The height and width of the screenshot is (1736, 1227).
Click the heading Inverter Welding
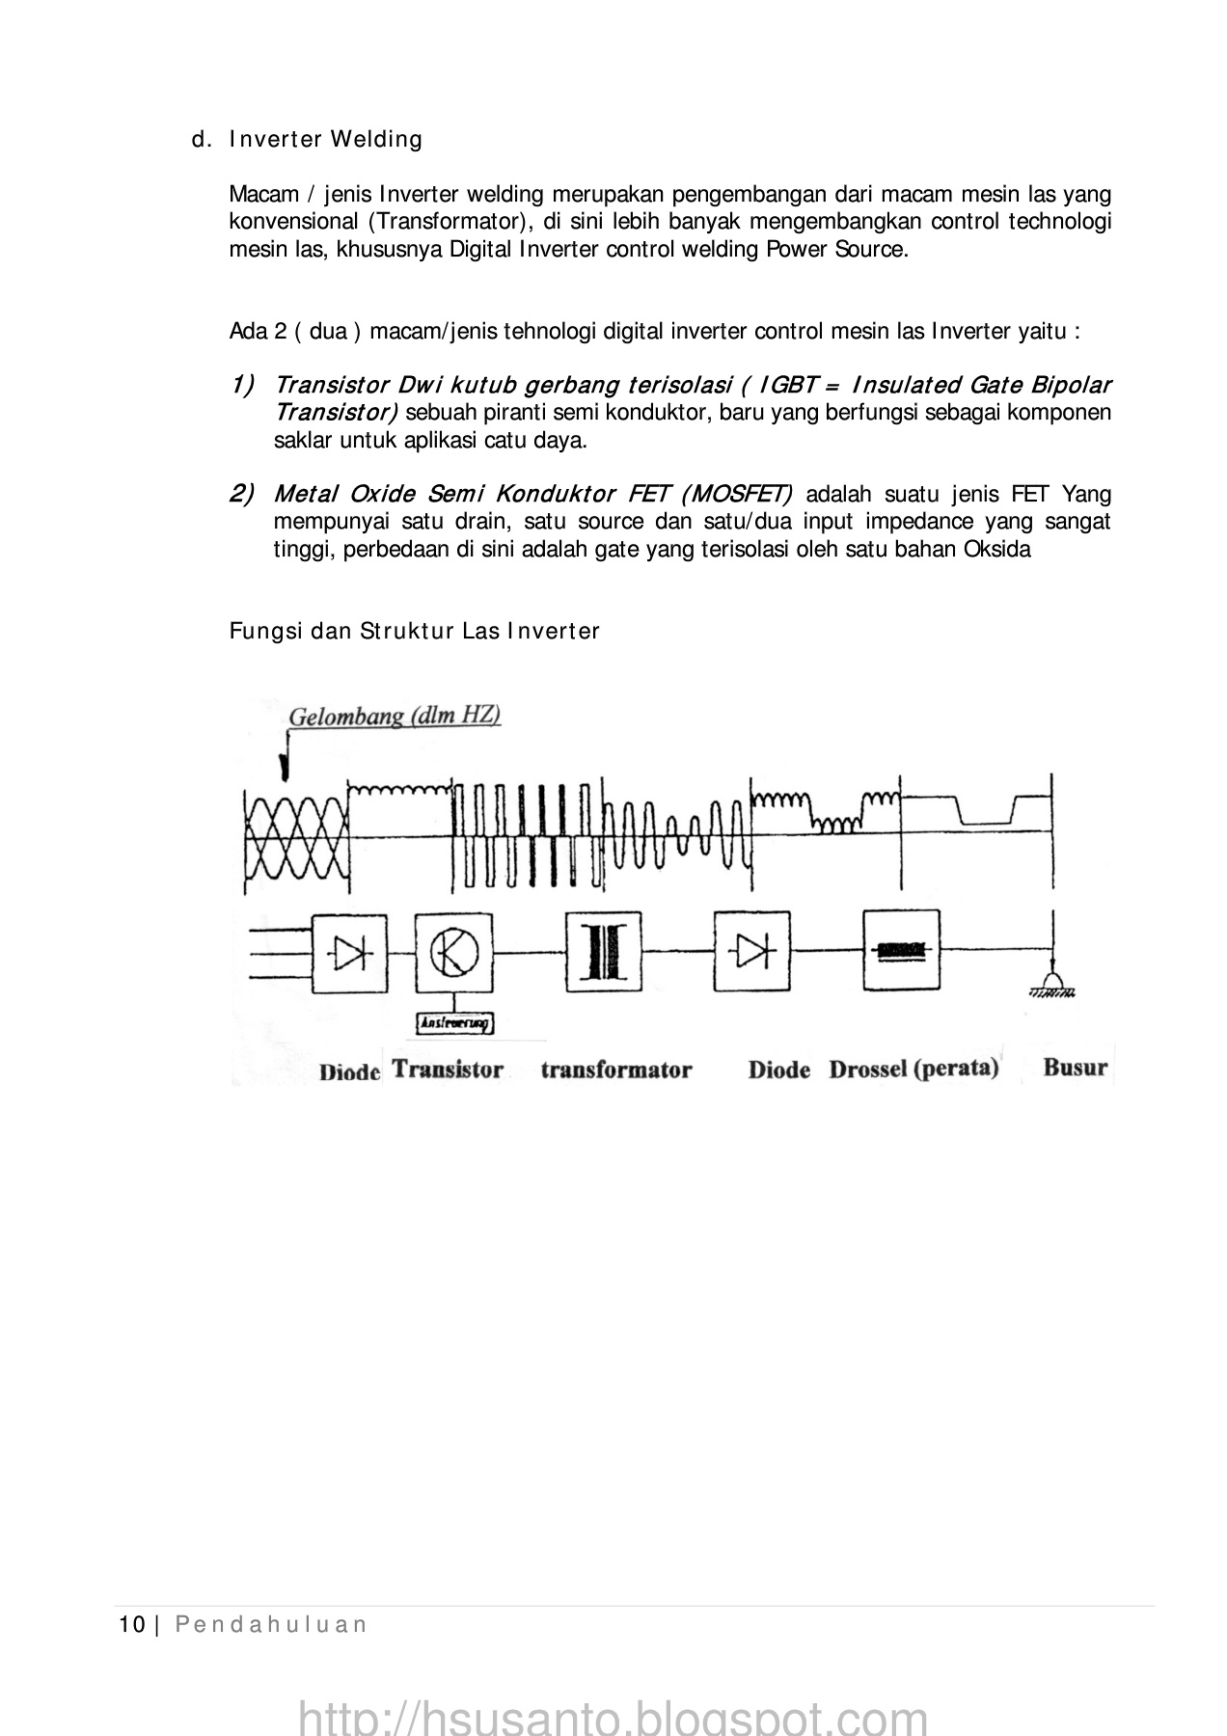tap(326, 140)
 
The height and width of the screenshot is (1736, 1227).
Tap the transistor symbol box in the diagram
tap(453, 953)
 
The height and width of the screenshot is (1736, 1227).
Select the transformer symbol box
tap(603, 953)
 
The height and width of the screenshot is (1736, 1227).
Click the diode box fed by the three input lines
tap(349, 953)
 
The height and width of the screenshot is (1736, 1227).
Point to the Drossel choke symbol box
tap(901, 951)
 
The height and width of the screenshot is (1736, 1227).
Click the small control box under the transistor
tap(453, 1023)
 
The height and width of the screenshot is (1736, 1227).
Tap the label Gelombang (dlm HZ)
tap(395, 717)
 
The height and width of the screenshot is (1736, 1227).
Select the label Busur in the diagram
tap(1075, 1068)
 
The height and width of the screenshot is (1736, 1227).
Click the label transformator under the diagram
tap(615, 1070)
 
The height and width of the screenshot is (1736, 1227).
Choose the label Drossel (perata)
tap(913, 1069)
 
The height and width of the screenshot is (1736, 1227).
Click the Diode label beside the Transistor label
tap(349, 1071)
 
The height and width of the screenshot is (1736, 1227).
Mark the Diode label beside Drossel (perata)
tap(778, 1070)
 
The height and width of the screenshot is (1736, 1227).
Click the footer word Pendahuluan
tap(271, 1625)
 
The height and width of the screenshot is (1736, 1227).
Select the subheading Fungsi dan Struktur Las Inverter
tap(415, 632)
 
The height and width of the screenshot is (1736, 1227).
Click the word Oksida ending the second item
tap(997, 550)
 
